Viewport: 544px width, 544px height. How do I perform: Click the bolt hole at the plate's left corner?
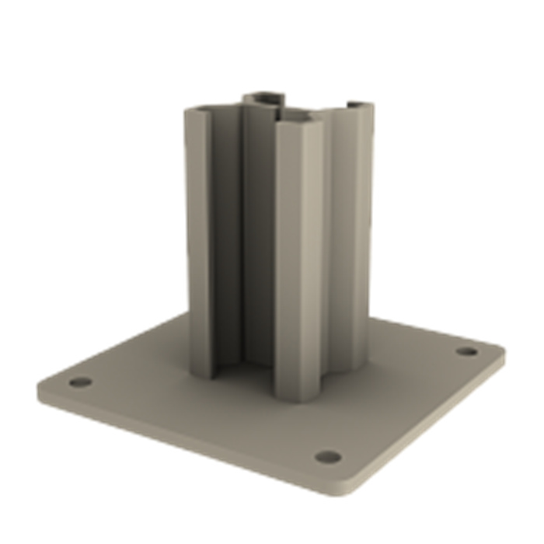tap(79, 382)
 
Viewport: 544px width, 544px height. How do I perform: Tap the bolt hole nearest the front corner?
tap(328, 457)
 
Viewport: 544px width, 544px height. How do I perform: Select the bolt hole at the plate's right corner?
tap(466, 351)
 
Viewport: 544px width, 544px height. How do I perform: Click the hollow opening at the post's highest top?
tap(264, 98)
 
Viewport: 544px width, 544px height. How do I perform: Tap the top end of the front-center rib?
tap(298, 120)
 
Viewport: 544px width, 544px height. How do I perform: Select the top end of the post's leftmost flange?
tap(198, 111)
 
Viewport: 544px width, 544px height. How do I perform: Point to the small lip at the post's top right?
tap(359, 104)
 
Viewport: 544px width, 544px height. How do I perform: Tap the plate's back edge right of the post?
tap(412, 326)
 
